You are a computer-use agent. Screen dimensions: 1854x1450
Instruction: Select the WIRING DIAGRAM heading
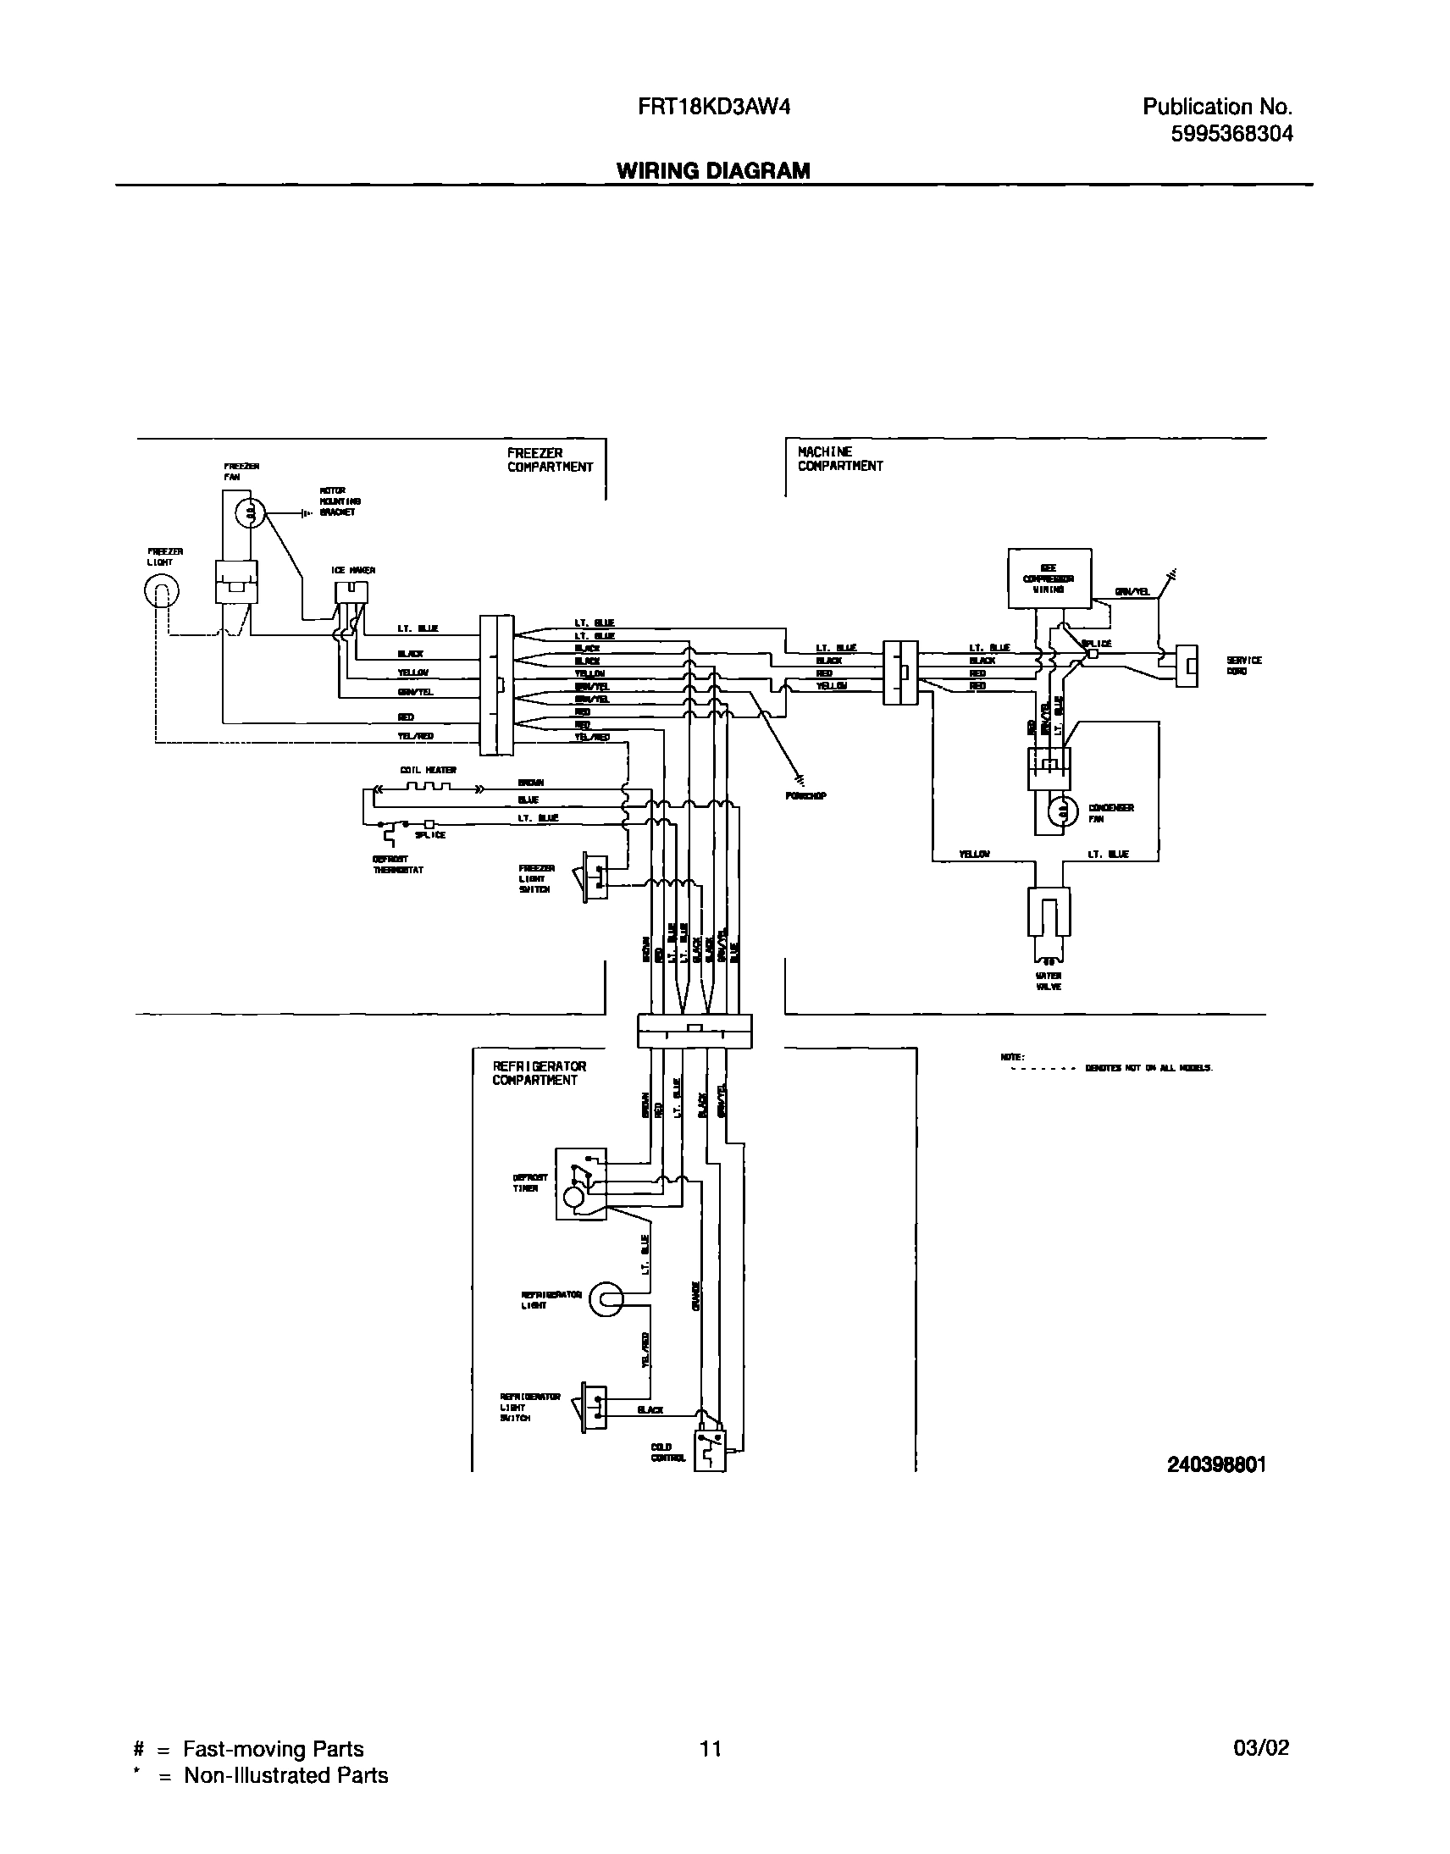pyautogui.click(x=713, y=170)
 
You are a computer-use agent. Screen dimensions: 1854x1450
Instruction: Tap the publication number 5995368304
pyautogui.click(x=1231, y=134)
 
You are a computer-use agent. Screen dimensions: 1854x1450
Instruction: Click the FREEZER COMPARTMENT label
pyautogui.click(x=551, y=460)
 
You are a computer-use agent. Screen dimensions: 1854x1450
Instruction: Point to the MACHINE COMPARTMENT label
pyautogui.click(x=839, y=459)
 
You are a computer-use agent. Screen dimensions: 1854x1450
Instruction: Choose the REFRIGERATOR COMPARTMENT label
pyautogui.click(x=539, y=1073)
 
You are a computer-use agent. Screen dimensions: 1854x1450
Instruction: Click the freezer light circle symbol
pyautogui.click(x=161, y=593)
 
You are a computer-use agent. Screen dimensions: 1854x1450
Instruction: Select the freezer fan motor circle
pyautogui.click(x=249, y=512)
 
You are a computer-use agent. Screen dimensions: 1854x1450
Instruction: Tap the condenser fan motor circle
pyautogui.click(x=1061, y=812)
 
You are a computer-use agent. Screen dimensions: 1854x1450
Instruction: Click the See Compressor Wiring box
pyautogui.click(x=1049, y=578)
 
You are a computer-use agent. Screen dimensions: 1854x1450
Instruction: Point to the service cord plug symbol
pyautogui.click(x=1187, y=666)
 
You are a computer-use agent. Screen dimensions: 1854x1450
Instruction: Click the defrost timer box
pyautogui.click(x=581, y=1184)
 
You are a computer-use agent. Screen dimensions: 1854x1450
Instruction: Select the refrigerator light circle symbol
pyautogui.click(x=606, y=1299)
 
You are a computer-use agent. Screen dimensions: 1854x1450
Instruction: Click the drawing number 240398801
pyautogui.click(x=1215, y=1465)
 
